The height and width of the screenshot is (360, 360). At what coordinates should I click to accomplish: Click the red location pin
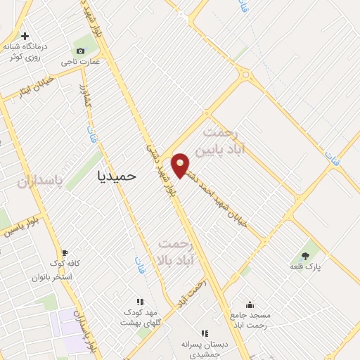181,165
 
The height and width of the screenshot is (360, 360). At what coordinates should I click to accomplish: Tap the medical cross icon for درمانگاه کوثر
25,36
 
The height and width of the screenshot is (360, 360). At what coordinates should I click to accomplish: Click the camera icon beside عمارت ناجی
80,51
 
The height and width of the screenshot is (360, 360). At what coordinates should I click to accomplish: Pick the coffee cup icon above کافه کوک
65,252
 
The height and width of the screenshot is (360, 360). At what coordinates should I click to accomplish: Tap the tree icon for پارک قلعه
305,255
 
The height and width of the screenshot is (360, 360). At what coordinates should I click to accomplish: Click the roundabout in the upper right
245,75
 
